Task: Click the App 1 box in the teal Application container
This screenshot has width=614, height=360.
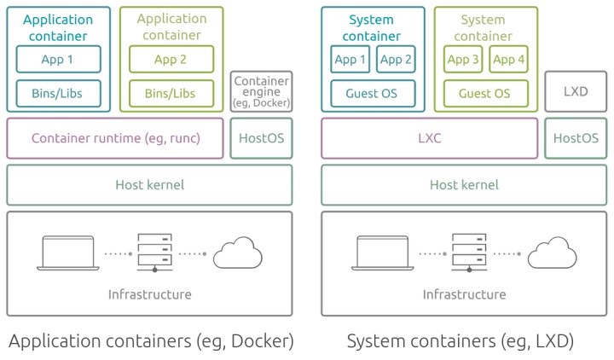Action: coord(59,59)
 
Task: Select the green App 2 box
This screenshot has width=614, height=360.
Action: coord(171,59)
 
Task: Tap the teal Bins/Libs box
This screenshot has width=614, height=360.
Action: coord(59,93)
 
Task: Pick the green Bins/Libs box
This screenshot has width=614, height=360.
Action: coord(171,93)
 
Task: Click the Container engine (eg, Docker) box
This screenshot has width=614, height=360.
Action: coord(261,91)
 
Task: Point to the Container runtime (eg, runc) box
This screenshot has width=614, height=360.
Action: coord(115,138)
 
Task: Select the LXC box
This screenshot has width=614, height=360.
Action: coord(430,138)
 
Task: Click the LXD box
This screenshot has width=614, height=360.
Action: coord(576,91)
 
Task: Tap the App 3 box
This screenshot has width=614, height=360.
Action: coord(463,59)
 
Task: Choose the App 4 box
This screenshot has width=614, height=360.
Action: coord(509,59)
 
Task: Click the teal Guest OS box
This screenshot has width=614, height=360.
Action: coord(373,93)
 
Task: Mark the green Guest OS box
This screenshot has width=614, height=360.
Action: coord(485,93)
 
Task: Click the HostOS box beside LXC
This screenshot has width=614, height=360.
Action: coord(576,138)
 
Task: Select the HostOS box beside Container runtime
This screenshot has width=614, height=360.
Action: coord(261,138)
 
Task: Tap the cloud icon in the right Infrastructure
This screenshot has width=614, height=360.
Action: coord(551,254)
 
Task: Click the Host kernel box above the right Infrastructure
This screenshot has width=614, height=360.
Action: coord(463,184)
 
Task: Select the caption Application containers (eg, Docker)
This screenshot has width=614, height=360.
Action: coord(150,341)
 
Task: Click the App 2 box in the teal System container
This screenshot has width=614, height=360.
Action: coord(395,59)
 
